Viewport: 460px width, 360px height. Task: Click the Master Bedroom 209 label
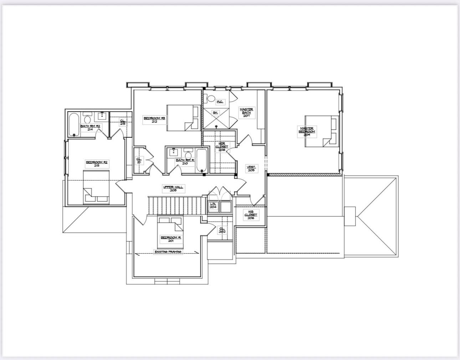307,132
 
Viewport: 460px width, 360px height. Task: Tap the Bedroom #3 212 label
154,120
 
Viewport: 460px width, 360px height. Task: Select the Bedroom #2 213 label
97,164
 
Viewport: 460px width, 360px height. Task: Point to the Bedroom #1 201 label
171,239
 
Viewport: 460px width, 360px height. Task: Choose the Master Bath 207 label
246,112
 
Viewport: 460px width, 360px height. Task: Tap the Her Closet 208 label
222,147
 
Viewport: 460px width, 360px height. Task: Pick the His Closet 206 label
251,214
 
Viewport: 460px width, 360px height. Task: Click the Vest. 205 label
251,168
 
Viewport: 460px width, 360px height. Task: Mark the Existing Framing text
168,252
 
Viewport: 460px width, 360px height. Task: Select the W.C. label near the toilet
220,102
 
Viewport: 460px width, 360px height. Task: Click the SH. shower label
215,113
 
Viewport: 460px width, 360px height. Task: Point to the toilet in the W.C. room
211,98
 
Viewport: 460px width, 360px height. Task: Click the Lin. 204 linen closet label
213,205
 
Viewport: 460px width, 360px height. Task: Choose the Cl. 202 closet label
222,230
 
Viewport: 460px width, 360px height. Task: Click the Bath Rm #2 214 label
90,127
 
